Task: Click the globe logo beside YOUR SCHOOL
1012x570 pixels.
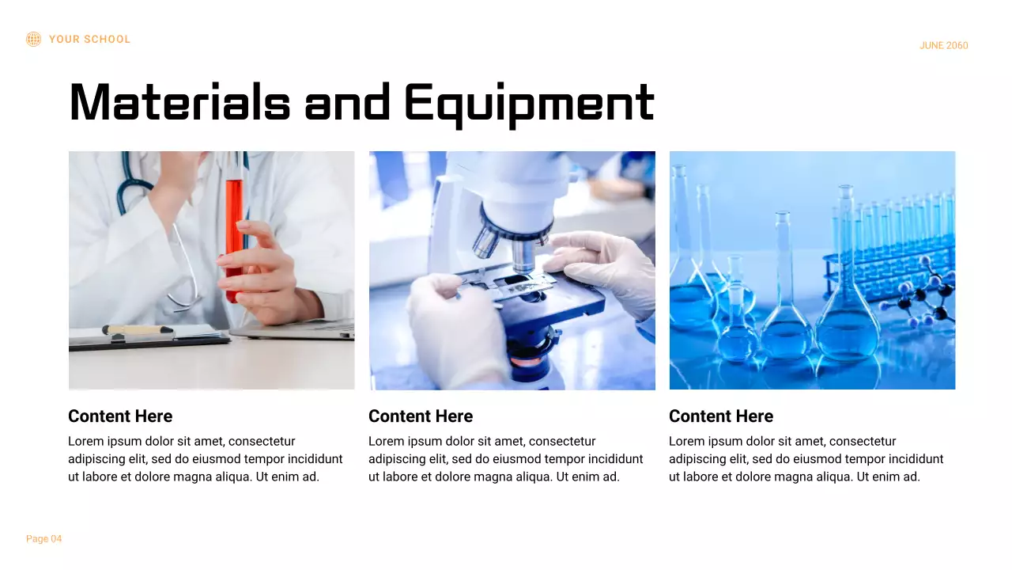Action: tap(33, 39)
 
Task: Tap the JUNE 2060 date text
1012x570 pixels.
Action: tap(943, 46)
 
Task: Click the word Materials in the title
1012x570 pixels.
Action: tap(179, 103)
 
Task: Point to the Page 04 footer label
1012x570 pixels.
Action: tap(43, 539)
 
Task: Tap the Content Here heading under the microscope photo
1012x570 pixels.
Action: tap(421, 416)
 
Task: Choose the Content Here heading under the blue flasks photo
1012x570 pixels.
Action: tap(721, 416)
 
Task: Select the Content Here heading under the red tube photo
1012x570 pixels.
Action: tap(120, 416)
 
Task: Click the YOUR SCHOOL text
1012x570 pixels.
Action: tap(89, 40)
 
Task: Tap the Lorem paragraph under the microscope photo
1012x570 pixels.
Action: tap(506, 459)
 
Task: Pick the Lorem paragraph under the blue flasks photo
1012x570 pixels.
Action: tap(806, 459)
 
